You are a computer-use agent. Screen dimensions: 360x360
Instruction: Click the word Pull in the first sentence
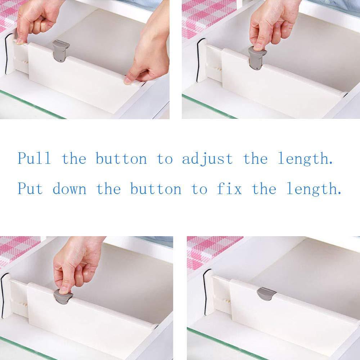(34, 158)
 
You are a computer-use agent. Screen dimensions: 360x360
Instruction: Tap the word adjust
(207, 159)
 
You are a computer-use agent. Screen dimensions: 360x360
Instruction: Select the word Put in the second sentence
(30, 188)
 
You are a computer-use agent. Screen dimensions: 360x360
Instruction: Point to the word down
(69, 188)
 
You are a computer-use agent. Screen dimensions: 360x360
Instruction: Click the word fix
(229, 188)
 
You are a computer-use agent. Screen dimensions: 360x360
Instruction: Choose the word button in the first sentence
(121, 158)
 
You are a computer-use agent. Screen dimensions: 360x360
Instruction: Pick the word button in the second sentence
(156, 188)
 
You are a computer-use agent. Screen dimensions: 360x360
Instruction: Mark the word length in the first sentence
(305, 159)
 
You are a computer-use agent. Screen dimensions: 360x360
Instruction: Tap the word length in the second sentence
(314, 189)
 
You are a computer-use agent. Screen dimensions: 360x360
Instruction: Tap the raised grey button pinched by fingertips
(257, 58)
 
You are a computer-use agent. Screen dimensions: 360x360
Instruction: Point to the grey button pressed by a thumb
(63, 297)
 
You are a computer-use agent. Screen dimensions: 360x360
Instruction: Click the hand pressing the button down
(75, 264)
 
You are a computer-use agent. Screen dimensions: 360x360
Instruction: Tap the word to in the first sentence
(165, 159)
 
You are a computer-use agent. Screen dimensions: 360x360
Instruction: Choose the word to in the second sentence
(199, 189)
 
